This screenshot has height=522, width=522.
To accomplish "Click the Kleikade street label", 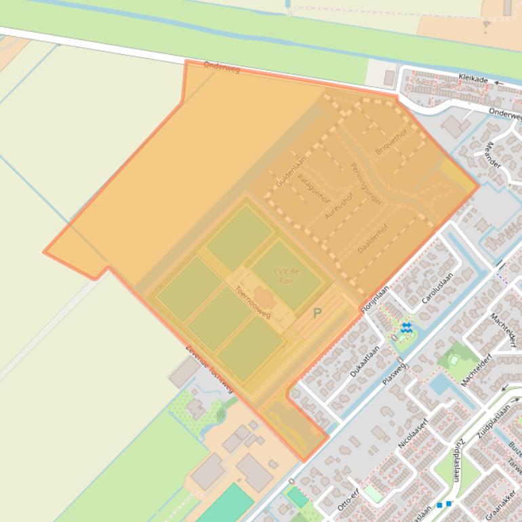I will [473, 79].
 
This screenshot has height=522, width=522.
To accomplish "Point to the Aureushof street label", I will [339, 205].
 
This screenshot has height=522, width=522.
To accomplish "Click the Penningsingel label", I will [366, 183].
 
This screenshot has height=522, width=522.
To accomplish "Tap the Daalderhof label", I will [373, 239].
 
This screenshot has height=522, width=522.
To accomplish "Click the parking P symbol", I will [317, 313].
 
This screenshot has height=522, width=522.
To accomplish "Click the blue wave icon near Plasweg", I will [405, 328].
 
